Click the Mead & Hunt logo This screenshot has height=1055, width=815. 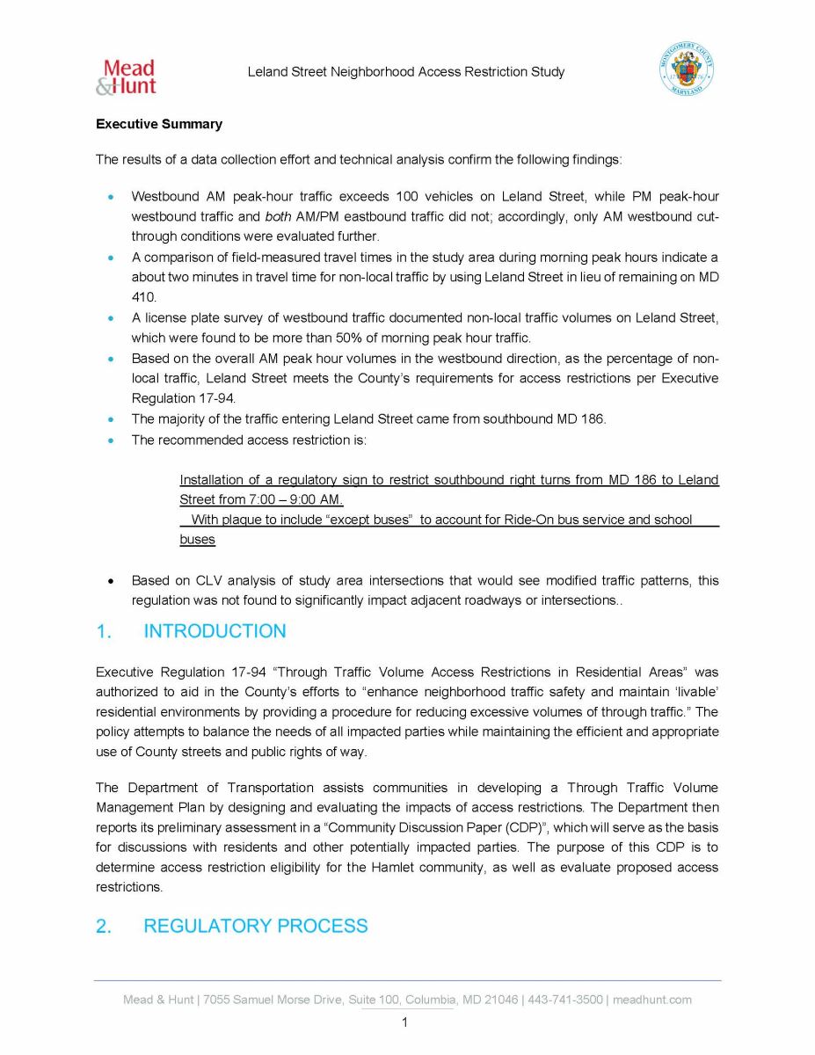pyautogui.click(x=126, y=76)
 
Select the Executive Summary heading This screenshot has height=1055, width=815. pyautogui.click(x=159, y=124)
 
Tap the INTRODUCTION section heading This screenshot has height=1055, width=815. pyautogui.click(x=215, y=631)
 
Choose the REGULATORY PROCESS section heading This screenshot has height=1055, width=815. pyautogui.click(x=255, y=926)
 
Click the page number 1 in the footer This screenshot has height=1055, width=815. pyautogui.click(x=404, y=1022)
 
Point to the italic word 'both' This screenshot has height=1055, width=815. pyautogui.click(x=277, y=215)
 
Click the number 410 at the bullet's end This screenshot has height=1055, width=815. pyautogui.click(x=143, y=297)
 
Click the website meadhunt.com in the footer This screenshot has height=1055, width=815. pyautogui.click(x=652, y=1000)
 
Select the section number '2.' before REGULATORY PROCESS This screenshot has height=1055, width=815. pyautogui.click(x=105, y=926)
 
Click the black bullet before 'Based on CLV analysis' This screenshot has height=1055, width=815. pyautogui.click(x=110, y=581)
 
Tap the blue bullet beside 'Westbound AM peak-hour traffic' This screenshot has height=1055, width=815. pyautogui.click(x=110, y=197)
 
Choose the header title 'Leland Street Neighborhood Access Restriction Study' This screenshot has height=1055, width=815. pyautogui.click(x=405, y=72)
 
